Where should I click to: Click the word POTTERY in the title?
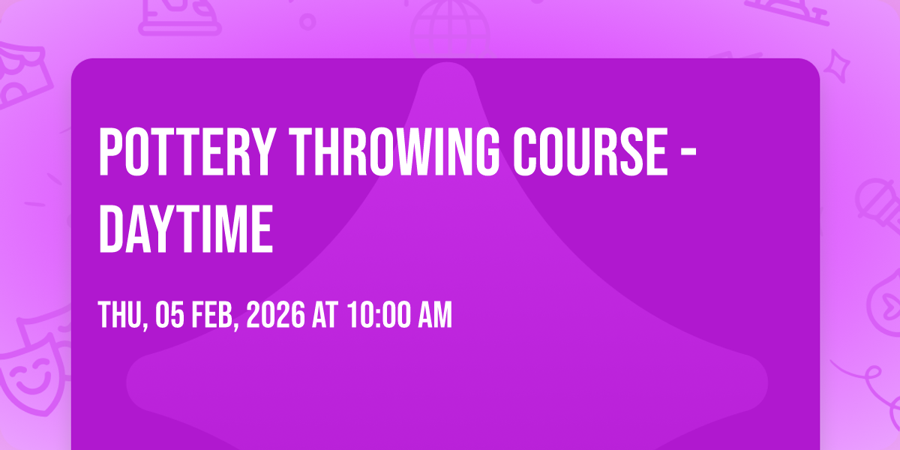pos(187,151)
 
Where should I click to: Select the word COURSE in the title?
pos(592,151)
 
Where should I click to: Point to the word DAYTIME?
pos(186,228)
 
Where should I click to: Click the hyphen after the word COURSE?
pos(689,153)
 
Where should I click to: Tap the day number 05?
pos(169,314)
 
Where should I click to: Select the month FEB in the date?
pos(213,314)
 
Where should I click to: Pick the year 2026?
pos(276,314)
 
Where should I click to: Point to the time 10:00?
pos(379,314)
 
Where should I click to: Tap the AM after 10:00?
pos(435,314)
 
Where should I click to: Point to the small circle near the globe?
pos(307,22)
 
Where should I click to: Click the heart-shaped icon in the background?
pos(886,304)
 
